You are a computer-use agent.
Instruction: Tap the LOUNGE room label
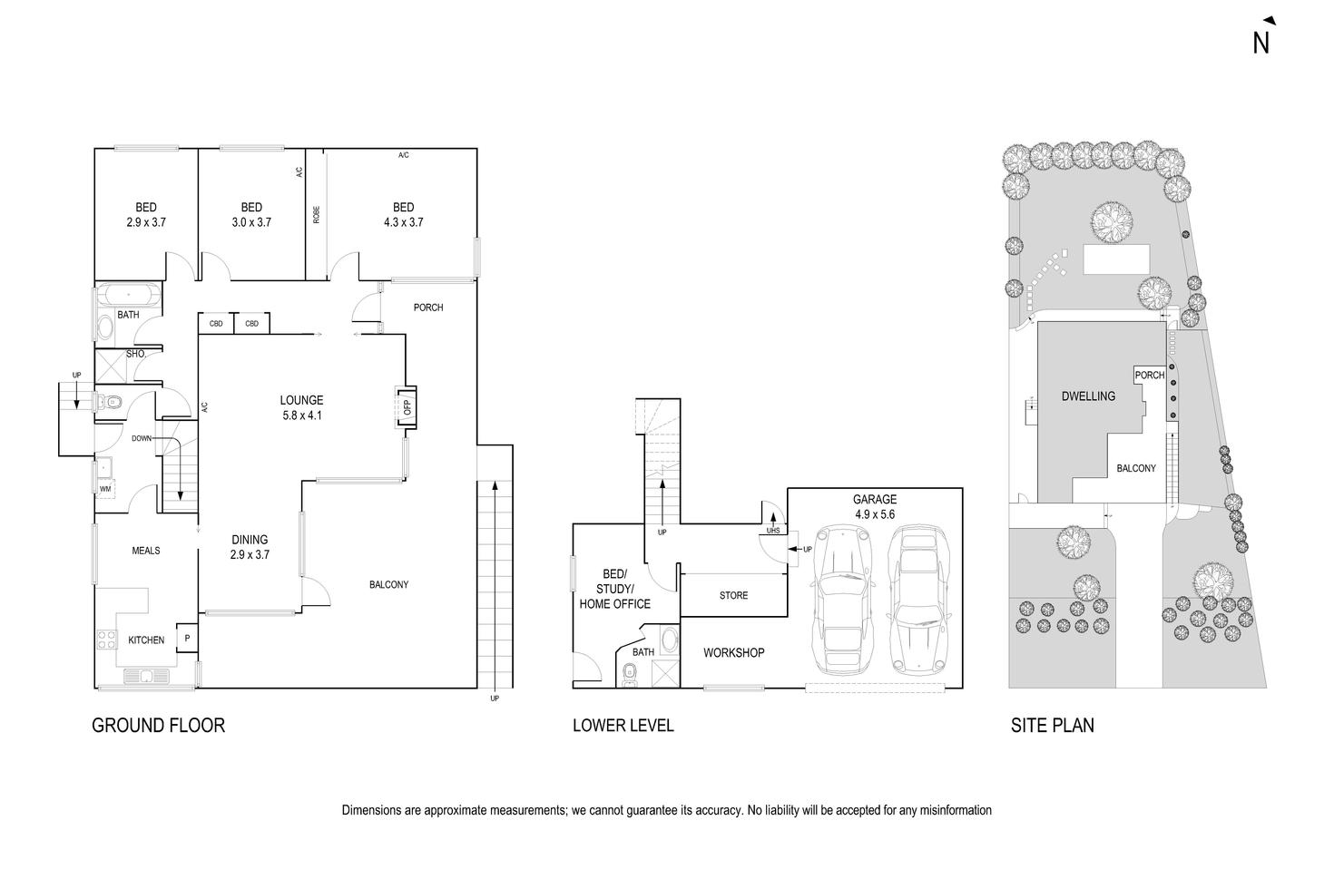pos(301,400)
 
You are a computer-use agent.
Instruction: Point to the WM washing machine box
pos(105,489)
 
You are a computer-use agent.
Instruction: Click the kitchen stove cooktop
pos(106,639)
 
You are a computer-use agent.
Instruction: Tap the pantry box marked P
pos(188,639)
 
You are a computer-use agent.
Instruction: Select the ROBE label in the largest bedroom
pos(316,214)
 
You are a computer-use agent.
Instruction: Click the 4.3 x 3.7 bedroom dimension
pos(403,221)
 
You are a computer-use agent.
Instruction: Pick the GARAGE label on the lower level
pos(874,499)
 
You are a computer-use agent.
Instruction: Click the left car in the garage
pos(844,599)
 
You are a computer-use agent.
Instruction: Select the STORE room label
pos(733,595)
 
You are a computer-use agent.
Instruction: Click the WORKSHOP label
pos(733,652)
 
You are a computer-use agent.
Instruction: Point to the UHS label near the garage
pos(773,532)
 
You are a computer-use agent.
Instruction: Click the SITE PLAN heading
pos(1052,725)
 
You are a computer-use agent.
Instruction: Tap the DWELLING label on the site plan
pos(1088,396)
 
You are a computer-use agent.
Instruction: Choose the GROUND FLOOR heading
pos(158,725)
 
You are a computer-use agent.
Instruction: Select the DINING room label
pos(249,540)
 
